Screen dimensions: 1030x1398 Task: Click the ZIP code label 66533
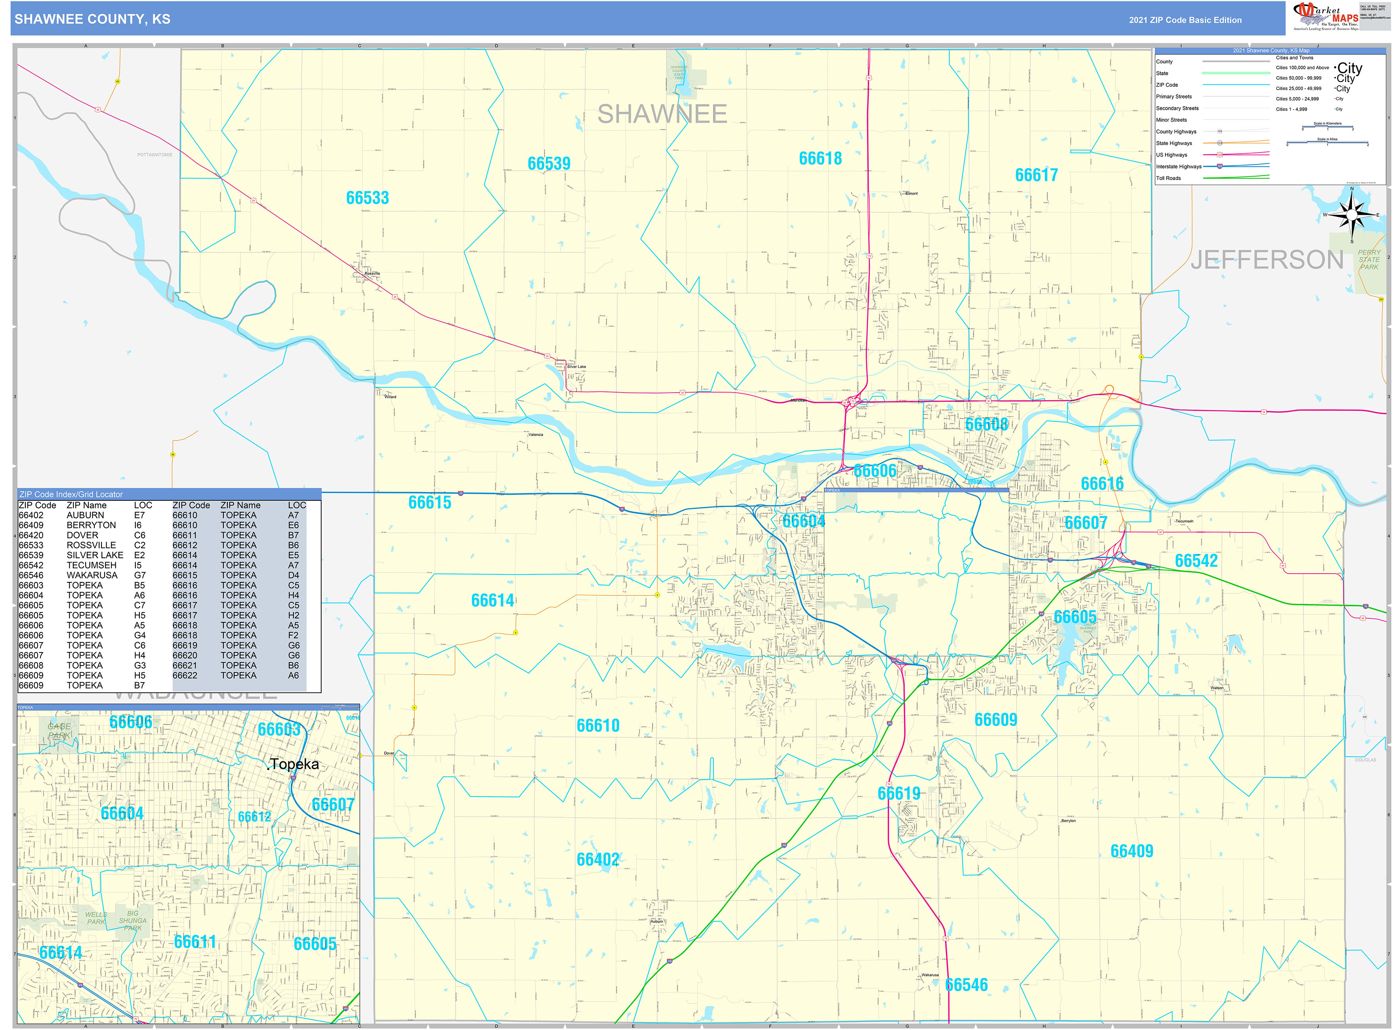point(367,198)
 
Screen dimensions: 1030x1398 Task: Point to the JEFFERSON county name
point(1266,260)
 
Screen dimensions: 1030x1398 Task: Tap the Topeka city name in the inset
point(295,765)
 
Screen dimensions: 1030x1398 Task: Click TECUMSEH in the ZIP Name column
point(91,565)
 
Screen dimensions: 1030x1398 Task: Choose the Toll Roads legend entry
point(1169,178)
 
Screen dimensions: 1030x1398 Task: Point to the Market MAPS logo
point(1325,16)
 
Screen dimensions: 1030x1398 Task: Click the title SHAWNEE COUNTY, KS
point(92,19)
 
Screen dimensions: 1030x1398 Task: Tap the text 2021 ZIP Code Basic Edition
point(1185,20)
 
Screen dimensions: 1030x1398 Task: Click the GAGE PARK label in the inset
point(59,731)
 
